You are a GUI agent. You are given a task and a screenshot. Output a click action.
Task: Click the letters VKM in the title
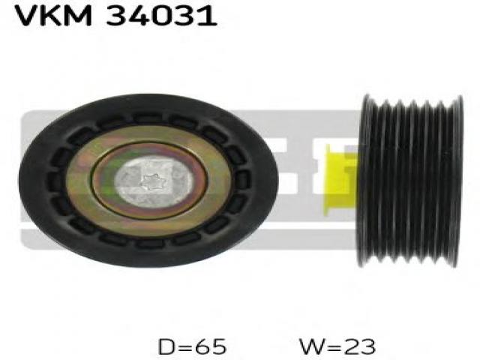53,15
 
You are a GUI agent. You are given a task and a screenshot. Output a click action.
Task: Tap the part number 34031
162,15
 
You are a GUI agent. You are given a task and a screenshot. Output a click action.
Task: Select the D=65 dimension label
192,346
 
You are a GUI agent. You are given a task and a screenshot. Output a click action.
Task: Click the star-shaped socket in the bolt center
154,181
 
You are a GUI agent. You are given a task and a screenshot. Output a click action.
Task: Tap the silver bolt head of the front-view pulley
154,181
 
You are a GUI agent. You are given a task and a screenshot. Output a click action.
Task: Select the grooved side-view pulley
410,181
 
